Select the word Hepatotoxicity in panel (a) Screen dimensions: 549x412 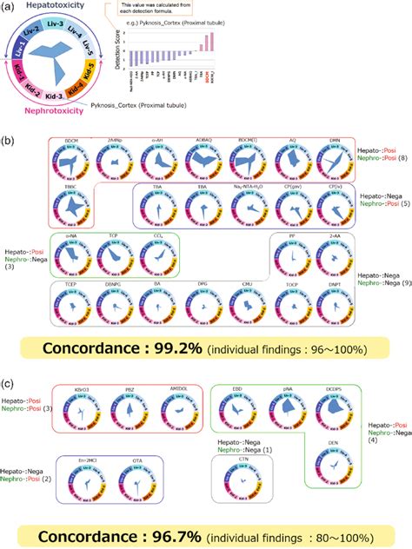pos(56,6)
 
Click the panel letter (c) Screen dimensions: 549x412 pos(10,382)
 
